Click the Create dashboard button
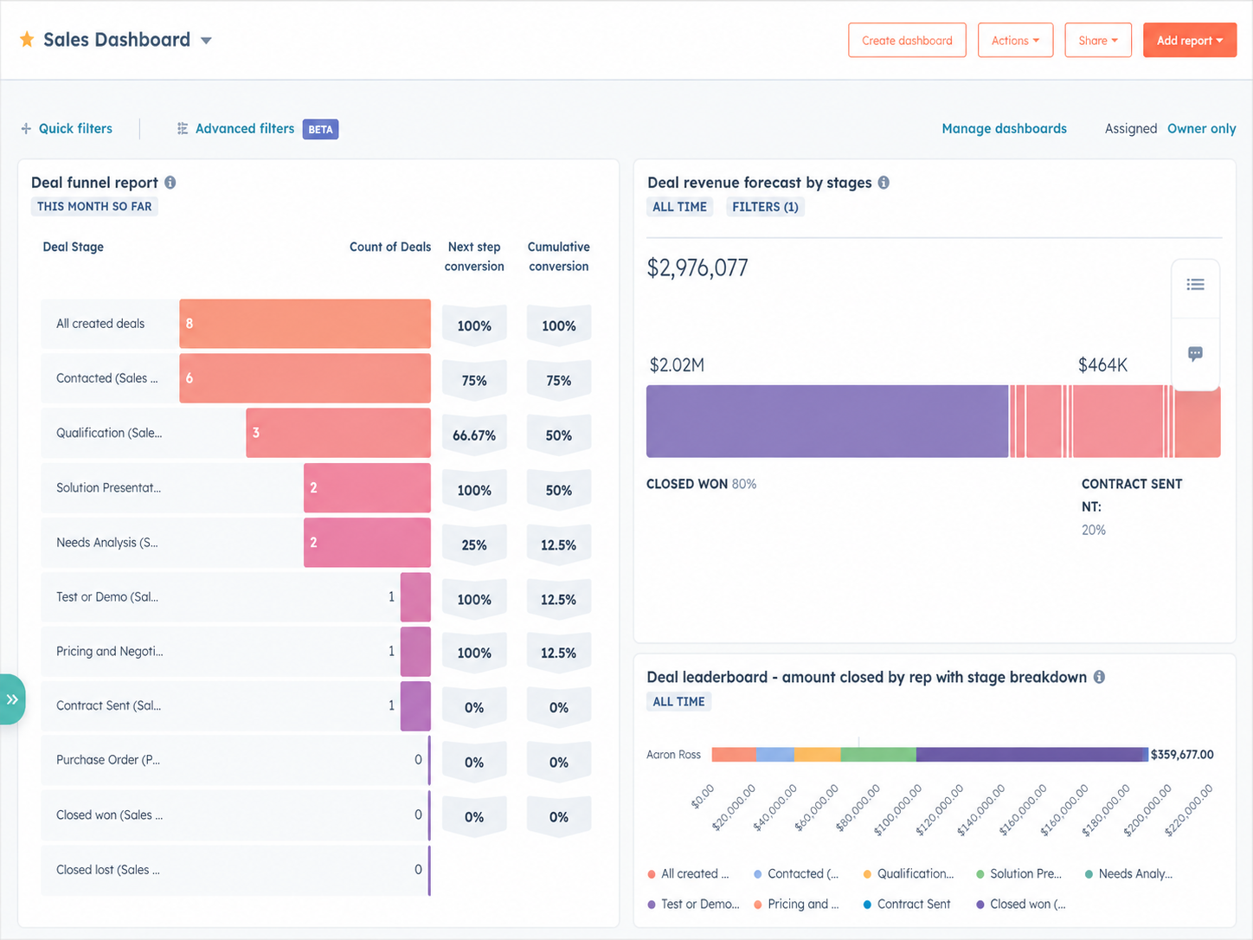[907, 41]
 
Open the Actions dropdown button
[1015, 41]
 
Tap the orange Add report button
[1190, 41]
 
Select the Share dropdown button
[1098, 41]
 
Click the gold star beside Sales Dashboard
[27, 39]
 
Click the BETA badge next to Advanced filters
[320, 129]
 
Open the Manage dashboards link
[1004, 128]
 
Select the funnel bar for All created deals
[305, 324]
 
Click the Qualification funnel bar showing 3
[338, 433]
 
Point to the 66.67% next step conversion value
[474, 435]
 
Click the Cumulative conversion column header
[558, 256]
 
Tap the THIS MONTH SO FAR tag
[94, 207]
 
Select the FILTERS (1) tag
[765, 207]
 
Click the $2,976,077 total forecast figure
[697, 267]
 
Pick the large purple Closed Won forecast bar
[827, 422]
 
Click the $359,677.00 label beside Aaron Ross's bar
[1182, 755]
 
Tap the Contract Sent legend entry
[907, 904]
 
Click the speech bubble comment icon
[1195, 354]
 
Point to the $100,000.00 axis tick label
[898, 810]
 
